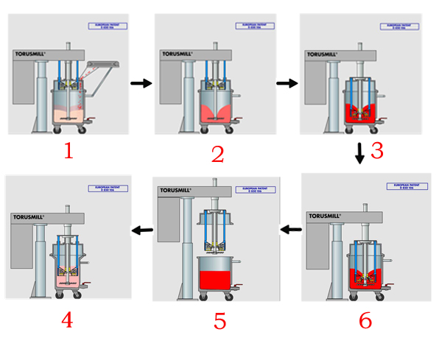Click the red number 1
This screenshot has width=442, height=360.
coord(69,151)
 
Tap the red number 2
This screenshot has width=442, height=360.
coord(217,154)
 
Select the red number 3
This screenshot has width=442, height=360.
coord(377,151)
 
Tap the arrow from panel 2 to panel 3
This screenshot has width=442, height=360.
coord(286,84)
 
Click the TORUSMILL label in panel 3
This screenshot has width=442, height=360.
coord(326,54)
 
